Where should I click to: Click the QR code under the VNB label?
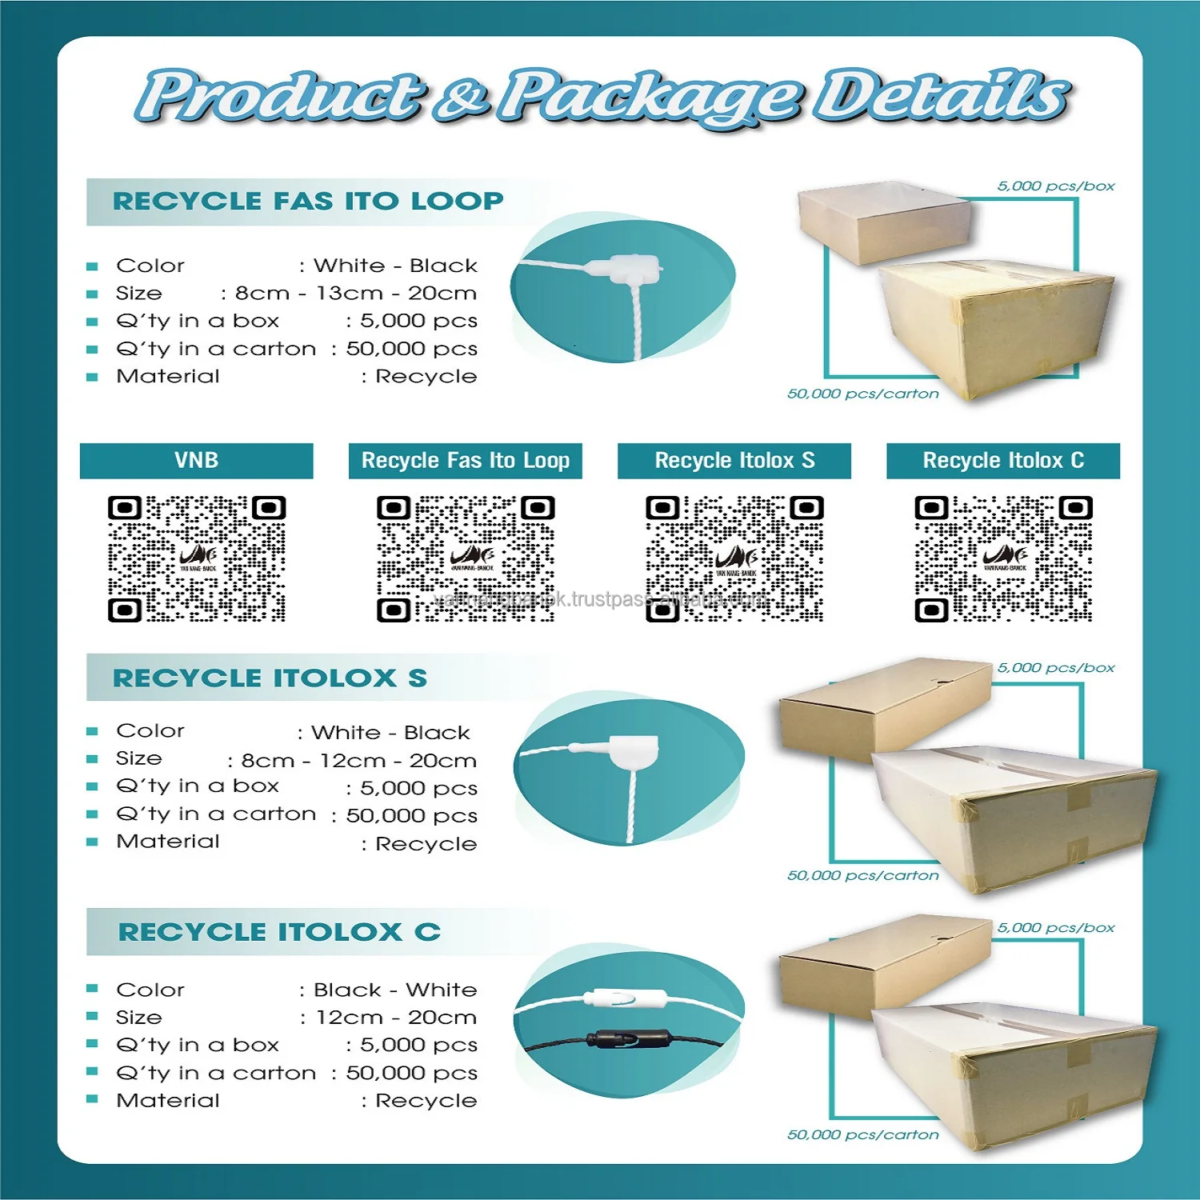click(197, 558)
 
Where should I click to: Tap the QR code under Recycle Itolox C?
click(1003, 558)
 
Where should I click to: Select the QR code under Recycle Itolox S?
click(734, 558)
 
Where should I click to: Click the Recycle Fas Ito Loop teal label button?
click(465, 461)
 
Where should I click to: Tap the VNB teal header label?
click(196, 461)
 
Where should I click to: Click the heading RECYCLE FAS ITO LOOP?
click(308, 201)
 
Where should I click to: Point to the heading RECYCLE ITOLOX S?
click(270, 678)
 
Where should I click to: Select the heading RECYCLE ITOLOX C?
click(279, 932)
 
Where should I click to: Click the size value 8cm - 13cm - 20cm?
click(356, 294)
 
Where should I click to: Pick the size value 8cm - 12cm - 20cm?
click(359, 761)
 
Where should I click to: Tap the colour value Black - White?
click(395, 990)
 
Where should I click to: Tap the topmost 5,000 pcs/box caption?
click(1055, 186)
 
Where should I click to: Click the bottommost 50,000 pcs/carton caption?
click(862, 1134)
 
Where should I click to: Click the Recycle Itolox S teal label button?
click(734, 461)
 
